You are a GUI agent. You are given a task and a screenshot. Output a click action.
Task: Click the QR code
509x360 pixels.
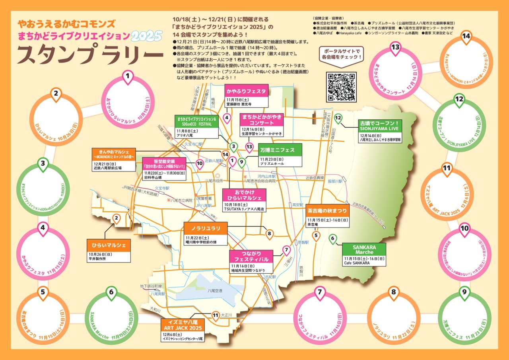click(341, 87)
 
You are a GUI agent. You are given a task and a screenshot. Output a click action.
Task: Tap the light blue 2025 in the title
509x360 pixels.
click(146, 36)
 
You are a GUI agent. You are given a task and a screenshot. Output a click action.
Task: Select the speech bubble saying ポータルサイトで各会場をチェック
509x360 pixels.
click(342, 54)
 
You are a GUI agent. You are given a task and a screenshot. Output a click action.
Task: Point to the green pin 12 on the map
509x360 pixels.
click(338, 118)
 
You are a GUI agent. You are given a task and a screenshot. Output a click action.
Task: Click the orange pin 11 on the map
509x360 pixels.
click(216, 316)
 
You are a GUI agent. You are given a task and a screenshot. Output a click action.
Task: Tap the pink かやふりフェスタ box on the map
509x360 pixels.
click(245, 91)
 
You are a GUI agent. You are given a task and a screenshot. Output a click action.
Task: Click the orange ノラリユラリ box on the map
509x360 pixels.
click(206, 229)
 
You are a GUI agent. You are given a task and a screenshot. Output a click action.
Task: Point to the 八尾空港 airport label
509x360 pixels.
click(215, 291)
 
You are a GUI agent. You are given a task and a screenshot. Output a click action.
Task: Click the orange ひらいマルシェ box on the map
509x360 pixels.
click(109, 245)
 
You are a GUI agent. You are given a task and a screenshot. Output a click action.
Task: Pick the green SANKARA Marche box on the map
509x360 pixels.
click(364, 249)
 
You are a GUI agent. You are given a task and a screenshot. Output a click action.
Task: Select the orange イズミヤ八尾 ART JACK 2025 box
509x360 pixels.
click(184, 324)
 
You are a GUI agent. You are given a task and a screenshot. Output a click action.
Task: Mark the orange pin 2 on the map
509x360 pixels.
click(117, 218)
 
